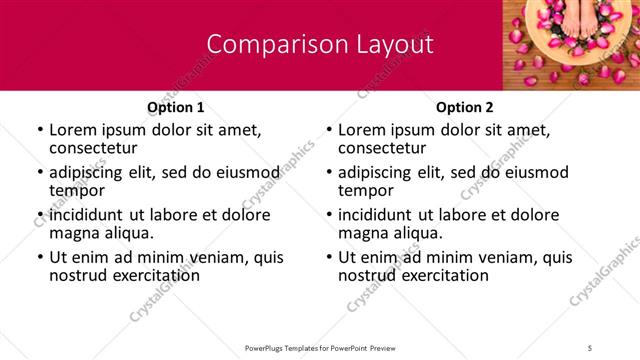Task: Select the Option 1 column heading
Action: pyautogui.click(x=175, y=107)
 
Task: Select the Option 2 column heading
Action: pyautogui.click(x=465, y=107)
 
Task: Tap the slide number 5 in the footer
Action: pyautogui.click(x=590, y=347)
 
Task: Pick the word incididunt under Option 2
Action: pyautogui.click(x=387, y=215)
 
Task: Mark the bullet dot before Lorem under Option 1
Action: pyautogui.click(x=40, y=130)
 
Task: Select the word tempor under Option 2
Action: pyautogui.click(x=365, y=190)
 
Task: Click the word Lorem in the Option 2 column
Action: pyautogui.click(x=363, y=129)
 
